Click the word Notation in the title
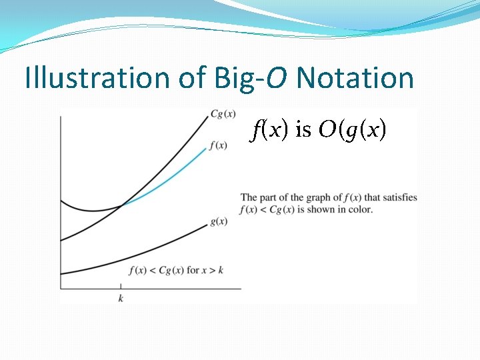point(355,78)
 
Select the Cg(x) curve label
point(222,113)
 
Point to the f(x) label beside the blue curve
point(218,145)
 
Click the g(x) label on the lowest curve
point(219,221)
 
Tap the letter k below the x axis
point(121,298)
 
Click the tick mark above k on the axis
point(121,287)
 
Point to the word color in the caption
point(361,209)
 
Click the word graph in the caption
point(321,197)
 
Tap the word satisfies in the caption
point(400,197)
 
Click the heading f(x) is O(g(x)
point(319,130)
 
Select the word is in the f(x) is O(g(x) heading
point(303,130)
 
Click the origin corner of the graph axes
point(61,289)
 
